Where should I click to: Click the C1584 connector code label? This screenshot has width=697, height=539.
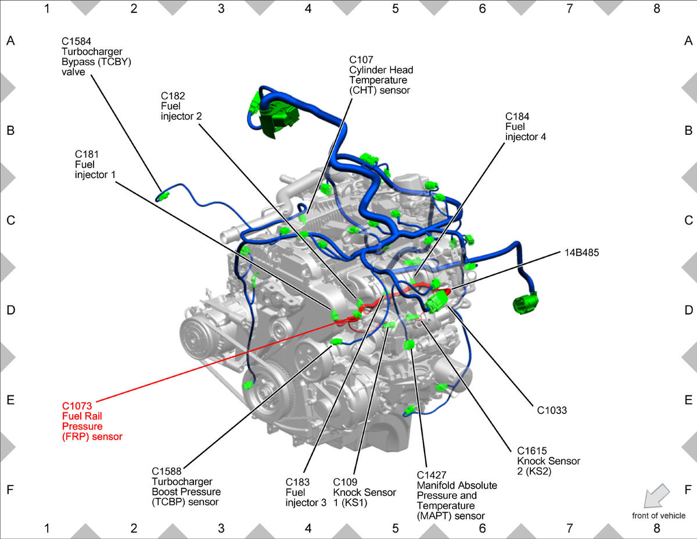pyautogui.click(x=76, y=41)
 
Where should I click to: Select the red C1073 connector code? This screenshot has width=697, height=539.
pyautogui.click(x=77, y=406)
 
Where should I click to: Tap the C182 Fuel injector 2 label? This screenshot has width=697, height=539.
pyautogui.click(x=181, y=106)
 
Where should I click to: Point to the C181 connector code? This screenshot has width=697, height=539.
pyautogui.click(x=87, y=155)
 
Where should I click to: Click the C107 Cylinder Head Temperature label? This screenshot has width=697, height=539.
pyautogui.click(x=381, y=75)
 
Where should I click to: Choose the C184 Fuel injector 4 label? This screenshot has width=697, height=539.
pyautogui.click(x=526, y=127)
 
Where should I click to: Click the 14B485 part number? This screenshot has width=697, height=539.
pyautogui.click(x=581, y=253)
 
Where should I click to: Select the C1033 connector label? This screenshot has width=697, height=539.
pyautogui.click(x=552, y=411)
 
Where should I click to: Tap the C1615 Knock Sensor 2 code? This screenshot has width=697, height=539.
pyautogui.click(x=532, y=451)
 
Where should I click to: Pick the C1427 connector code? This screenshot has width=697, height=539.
pyautogui.click(x=432, y=475)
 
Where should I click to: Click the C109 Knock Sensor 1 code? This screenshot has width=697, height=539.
pyautogui.click(x=345, y=482)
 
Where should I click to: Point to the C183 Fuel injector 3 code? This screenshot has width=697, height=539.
pyautogui.click(x=297, y=482)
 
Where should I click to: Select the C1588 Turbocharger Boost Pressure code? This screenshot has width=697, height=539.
pyautogui.click(x=167, y=472)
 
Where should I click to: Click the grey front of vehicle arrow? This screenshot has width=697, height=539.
pyautogui.click(x=656, y=496)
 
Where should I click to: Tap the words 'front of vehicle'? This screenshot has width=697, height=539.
pyautogui.click(x=659, y=516)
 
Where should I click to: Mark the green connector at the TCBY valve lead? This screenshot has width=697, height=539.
pyautogui.click(x=163, y=195)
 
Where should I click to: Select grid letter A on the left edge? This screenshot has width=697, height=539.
pyautogui.click(x=10, y=41)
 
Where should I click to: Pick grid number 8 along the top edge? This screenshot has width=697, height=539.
pyautogui.click(x=656, y=9)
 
